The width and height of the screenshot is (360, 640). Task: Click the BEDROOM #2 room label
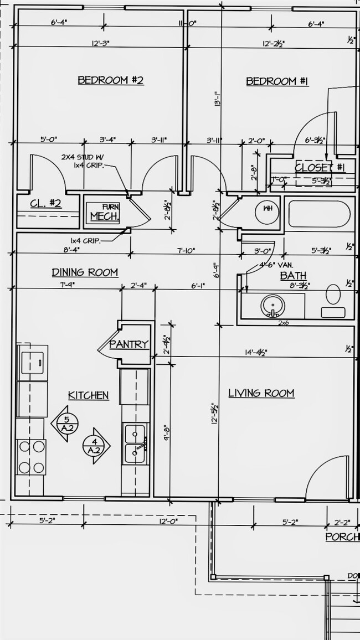click(x=110, y=81)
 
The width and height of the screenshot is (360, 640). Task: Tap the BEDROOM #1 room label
click(x=277, y=81)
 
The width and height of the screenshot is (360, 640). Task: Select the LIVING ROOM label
click(x=261, y=393)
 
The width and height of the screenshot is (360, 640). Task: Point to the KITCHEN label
click(x=88, y=395)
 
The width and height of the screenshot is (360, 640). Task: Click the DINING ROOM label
click(x=85, y=272)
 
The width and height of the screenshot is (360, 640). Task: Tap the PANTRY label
click(x=129, y=344)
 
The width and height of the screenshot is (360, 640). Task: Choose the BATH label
click(x=293, y=275)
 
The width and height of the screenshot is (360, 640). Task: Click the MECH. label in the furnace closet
click(x=104, y=216)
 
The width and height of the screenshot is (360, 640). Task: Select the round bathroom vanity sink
click(x=272, y=306)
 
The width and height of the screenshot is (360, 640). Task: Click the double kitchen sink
click(x=135, y=443)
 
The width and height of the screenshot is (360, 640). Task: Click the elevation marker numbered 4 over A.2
click(x=95, y=445)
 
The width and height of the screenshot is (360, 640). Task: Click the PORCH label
click(x=342, y=536)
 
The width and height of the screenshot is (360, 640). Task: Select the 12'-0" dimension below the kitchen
click(x=167, y=521)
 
